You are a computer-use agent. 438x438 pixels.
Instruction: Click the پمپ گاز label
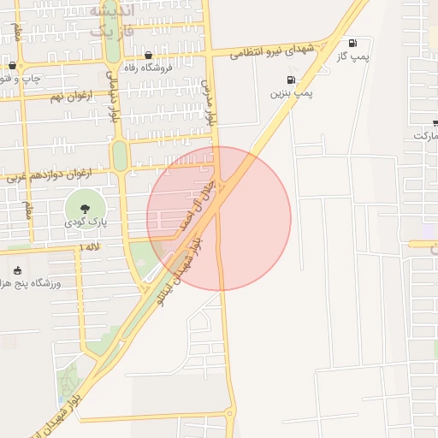click(352, 56)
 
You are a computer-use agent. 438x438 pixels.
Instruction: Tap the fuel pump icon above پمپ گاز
click(352, 42)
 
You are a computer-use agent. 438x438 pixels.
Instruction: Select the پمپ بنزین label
click(288, 93)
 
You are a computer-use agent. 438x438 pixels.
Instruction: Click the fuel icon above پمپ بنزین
click(291, 80)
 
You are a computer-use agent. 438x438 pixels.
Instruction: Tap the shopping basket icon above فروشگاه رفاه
click(149, 55)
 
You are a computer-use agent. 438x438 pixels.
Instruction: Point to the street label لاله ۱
click(89, 246)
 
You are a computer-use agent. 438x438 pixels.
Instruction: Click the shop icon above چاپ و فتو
click(12, 65)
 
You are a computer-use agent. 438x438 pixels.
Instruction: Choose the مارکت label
click(425, 136)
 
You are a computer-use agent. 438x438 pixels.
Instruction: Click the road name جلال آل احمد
click(195, 205)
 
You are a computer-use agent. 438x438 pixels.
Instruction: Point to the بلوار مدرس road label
click(206, 103)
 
